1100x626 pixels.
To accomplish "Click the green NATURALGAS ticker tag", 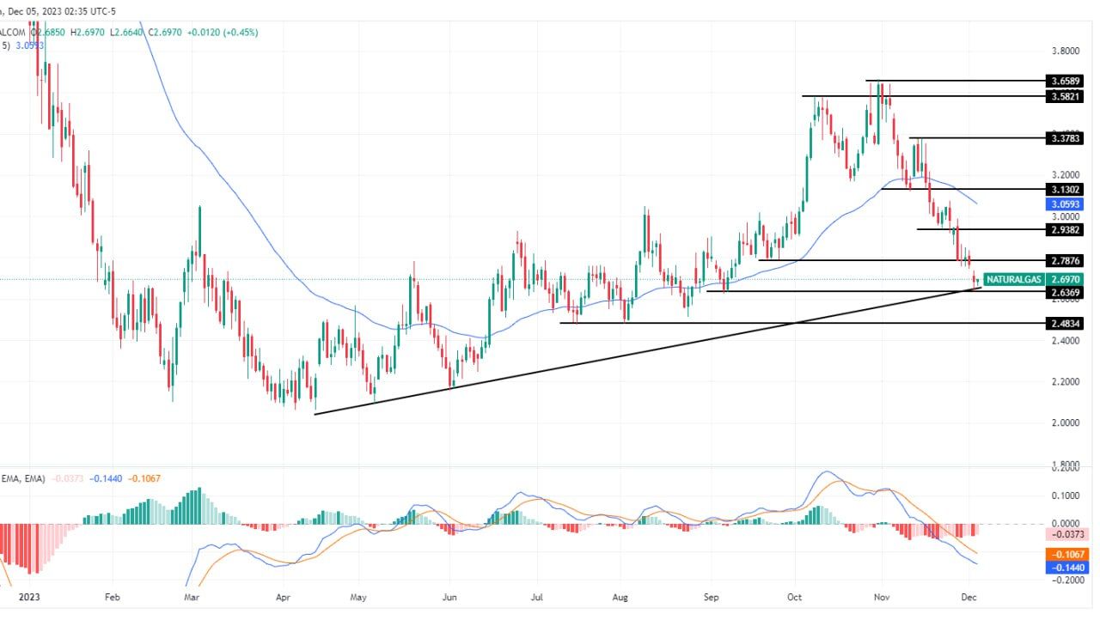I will tap(1014, 279).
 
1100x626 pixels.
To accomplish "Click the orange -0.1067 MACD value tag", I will tap(1065, 554).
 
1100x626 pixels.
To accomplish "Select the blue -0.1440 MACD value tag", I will tap(1065, 568).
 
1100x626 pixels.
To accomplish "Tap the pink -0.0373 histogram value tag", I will tap(1065, 534).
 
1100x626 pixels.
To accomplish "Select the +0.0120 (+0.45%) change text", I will tap(223, 33).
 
